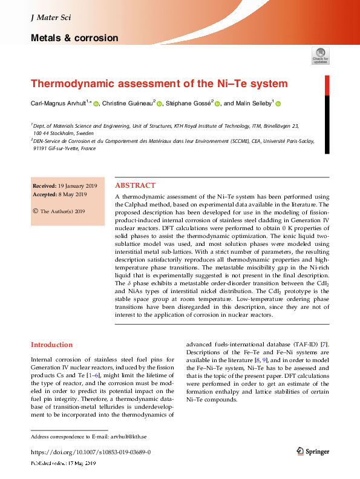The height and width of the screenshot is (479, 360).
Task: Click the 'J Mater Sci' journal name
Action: coord(51,18)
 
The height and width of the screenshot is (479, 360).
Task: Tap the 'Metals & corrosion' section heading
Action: coord(74,38)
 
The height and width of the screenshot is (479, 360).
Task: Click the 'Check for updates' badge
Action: coord(320,55)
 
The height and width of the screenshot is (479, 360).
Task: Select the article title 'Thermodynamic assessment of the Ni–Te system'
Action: coord(159,84)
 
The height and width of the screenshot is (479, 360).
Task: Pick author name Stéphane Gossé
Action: coord(189,104)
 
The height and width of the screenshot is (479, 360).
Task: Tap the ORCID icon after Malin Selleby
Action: coord(278,104)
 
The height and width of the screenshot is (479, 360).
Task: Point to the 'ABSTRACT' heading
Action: coord(135,185)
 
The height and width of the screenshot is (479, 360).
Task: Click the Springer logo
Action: coord(313,451)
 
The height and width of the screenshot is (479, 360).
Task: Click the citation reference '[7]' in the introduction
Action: coord(325,345)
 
